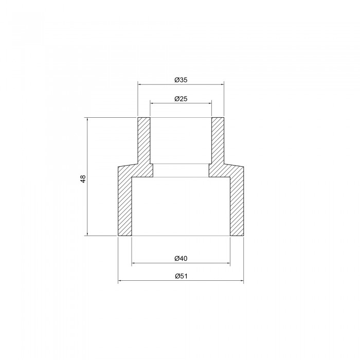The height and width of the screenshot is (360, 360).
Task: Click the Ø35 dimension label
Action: tap(181, 80)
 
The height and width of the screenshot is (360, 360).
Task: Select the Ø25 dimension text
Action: tap(181, 99)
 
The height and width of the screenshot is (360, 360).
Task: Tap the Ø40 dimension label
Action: tap(181, 259)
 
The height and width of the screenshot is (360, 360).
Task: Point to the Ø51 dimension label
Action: tap(181, 276)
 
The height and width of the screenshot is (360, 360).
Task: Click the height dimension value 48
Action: tap(83, 178)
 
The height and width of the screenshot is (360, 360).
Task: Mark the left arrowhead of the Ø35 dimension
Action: tap(139, 84)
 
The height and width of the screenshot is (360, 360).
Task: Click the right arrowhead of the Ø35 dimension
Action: tap(222, 84)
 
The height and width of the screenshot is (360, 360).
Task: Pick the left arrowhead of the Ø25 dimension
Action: tap(152, 103)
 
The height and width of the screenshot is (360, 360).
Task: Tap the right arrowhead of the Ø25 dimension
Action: tap(210, 103)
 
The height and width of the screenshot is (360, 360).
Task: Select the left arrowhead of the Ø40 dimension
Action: tap(133, 263)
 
